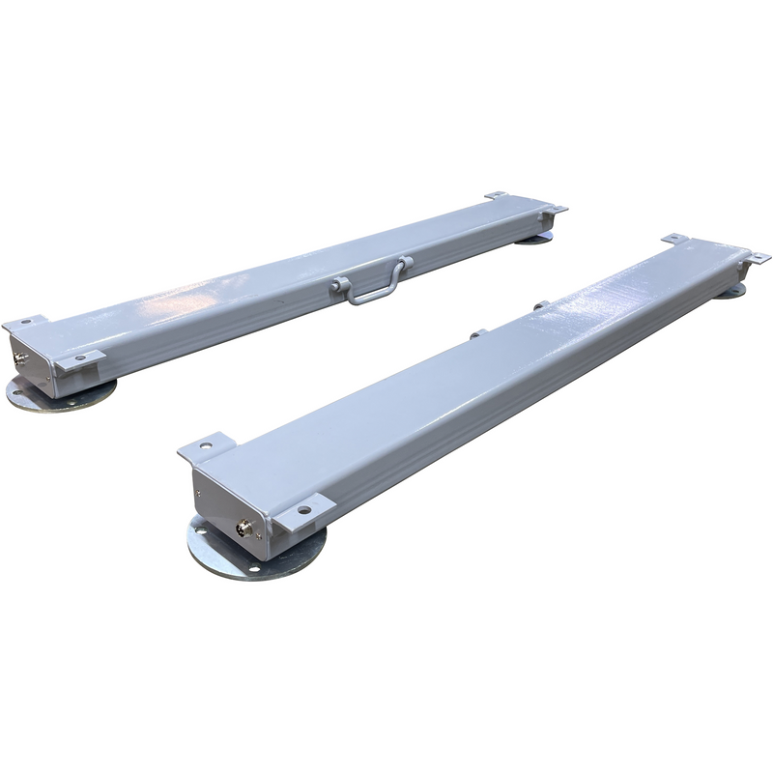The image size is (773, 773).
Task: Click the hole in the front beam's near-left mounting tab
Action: point(206,445)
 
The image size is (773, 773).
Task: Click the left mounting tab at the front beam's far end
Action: point(673,238)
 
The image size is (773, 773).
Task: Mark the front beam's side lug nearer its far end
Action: point(542,306)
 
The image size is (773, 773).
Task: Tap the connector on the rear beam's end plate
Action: point(21,360)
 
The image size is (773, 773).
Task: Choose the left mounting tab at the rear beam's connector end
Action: point(21,320)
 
